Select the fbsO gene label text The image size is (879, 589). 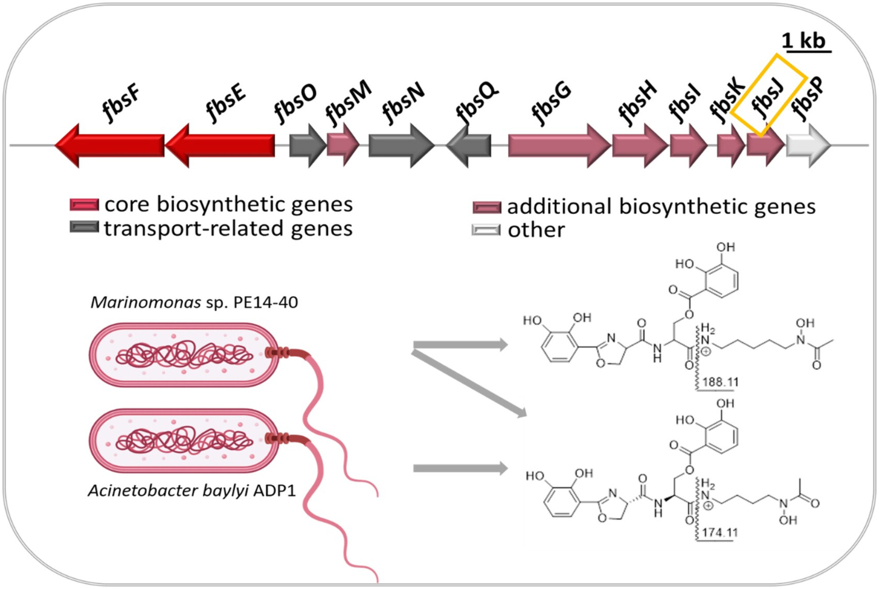pyautogui.click(x=295, y=104)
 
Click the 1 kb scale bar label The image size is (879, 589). pyautogui.click(x=803, y=41)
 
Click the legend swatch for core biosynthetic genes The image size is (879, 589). pyautogui.click(x=84, y=205)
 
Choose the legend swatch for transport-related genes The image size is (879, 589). pyautogui.click(x=84, y=227)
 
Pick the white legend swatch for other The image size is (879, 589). pyautogui.click(x=486, y=230)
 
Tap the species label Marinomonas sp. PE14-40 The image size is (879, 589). pyautogui.click(x=194, y=302)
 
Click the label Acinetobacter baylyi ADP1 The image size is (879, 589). pyautogui.click(x=191, y=491)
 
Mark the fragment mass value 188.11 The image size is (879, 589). pyautogui.click(x=720, y=382)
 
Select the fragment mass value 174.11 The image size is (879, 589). pyautogui.click(x=720, y=532)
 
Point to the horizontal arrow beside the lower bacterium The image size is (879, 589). pyautogui.click(x=460, y=468)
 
